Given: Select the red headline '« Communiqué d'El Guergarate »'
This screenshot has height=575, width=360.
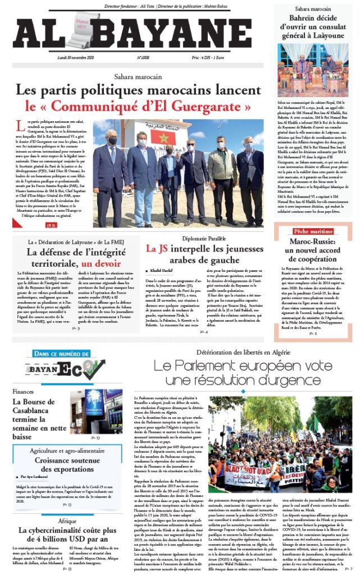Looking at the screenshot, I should click(x=140, y=106).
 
